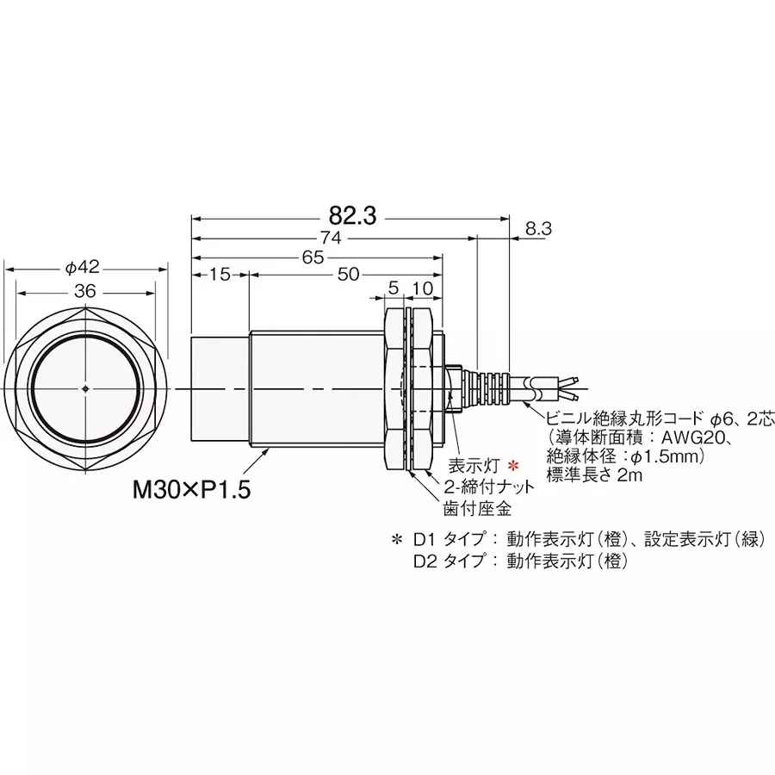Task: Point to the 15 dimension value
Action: pos(220,275)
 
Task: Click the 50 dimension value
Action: pos(347,275)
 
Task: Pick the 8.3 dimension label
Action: pos(536,228)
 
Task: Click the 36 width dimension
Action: pos(84,291)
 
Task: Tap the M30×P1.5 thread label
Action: pos(191,491)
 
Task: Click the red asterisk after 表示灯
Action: pos(513,466)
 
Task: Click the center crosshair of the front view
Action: pos(87,388)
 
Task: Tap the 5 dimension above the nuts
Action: pos(394,288)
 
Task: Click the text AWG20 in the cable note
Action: pos(690,437)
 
